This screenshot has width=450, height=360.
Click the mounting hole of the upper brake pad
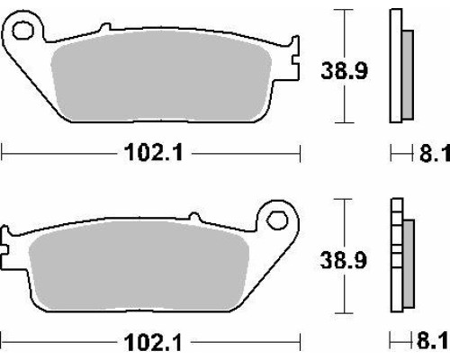pos(22,31)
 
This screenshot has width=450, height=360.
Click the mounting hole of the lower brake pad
pos(277,220)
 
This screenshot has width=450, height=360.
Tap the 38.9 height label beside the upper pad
pos(344,71)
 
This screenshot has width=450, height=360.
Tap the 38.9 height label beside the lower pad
pos(343,260)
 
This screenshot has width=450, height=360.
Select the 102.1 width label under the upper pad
pos(154,152)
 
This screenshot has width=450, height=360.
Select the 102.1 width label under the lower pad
pos(153,342)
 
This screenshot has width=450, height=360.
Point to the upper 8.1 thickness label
pos(435,153)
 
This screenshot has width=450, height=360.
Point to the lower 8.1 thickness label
pos(432,341)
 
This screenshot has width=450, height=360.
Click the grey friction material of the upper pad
pos(161,76)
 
